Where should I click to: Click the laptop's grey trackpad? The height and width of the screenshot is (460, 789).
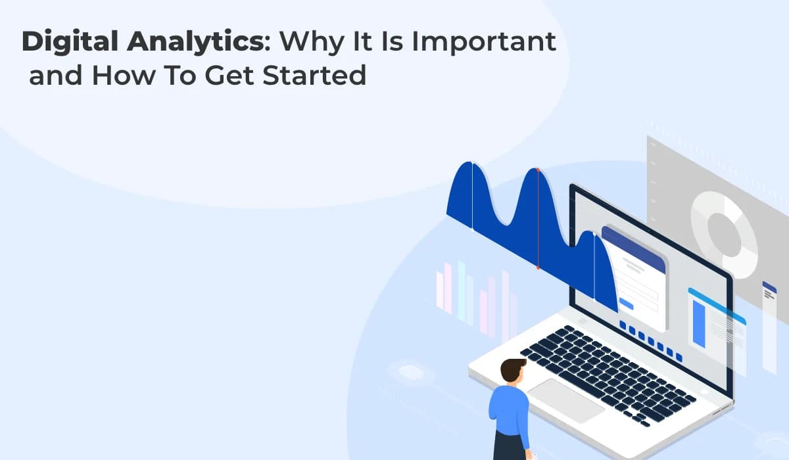[x=565, y=400]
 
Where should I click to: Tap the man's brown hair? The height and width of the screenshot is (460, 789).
[x=513, y=369]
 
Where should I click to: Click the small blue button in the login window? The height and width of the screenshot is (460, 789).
[x=627, y=305]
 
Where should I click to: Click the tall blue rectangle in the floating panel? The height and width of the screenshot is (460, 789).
[x=698, y=322]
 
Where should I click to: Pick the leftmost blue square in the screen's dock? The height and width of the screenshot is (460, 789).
[x=623, y=325]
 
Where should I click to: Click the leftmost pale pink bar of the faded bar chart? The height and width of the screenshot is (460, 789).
[x=440, y=289]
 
